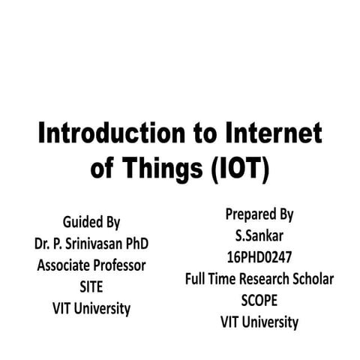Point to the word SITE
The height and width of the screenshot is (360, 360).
91,286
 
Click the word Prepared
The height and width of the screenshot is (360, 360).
250,214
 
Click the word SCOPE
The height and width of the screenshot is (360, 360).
259,301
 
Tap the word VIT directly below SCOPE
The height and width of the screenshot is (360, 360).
231,322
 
